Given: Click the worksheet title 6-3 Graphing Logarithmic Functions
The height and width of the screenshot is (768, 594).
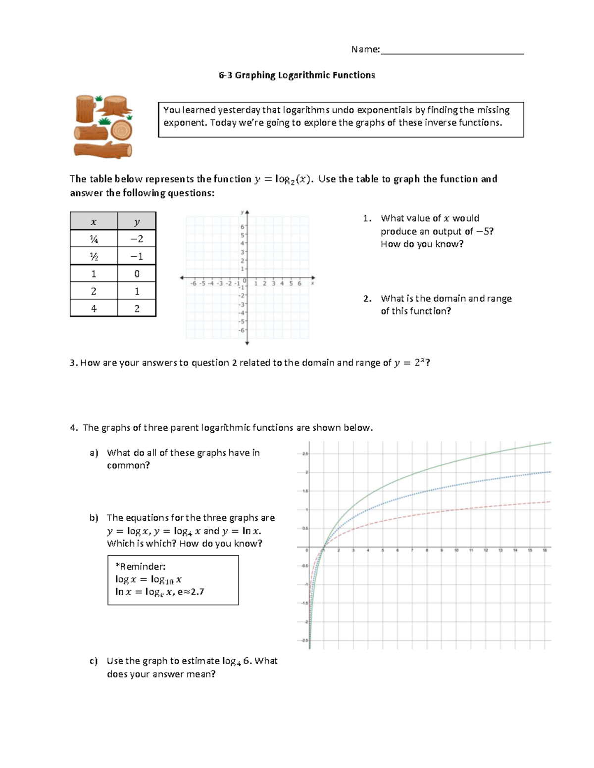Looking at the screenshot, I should click(x=297, y=75).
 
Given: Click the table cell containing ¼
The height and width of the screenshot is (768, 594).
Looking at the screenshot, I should click(x=94, y=239).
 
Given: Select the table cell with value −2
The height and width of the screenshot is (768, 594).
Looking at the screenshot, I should click(x=137, y=239).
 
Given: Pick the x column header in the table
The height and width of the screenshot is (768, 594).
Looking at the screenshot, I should click(x=94, y=222).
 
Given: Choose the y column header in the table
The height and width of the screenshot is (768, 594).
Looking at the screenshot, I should click(x=137, y=222).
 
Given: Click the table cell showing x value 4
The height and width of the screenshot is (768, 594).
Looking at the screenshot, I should click(x=94, y=309).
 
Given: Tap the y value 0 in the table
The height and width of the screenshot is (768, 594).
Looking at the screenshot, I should click(x=137, y=274).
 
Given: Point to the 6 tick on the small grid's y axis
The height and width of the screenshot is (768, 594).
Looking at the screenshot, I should click(x=242, y=226).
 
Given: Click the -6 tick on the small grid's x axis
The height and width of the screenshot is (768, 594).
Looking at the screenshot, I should click(x=194, y=284).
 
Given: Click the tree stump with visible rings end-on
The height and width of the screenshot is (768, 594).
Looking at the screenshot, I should click(x=121, y=131).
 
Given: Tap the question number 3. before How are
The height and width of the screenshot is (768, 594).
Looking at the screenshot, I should click(x=74, y=363).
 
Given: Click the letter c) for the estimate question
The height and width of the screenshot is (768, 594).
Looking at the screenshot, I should click(x=94, y=661).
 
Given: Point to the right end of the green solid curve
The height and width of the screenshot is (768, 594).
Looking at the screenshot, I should click(x=550, y=443).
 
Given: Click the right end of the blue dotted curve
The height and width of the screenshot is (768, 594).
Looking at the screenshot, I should click(x=549, y=472).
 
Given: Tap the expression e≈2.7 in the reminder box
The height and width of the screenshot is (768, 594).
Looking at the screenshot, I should click(x=191, y=592).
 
